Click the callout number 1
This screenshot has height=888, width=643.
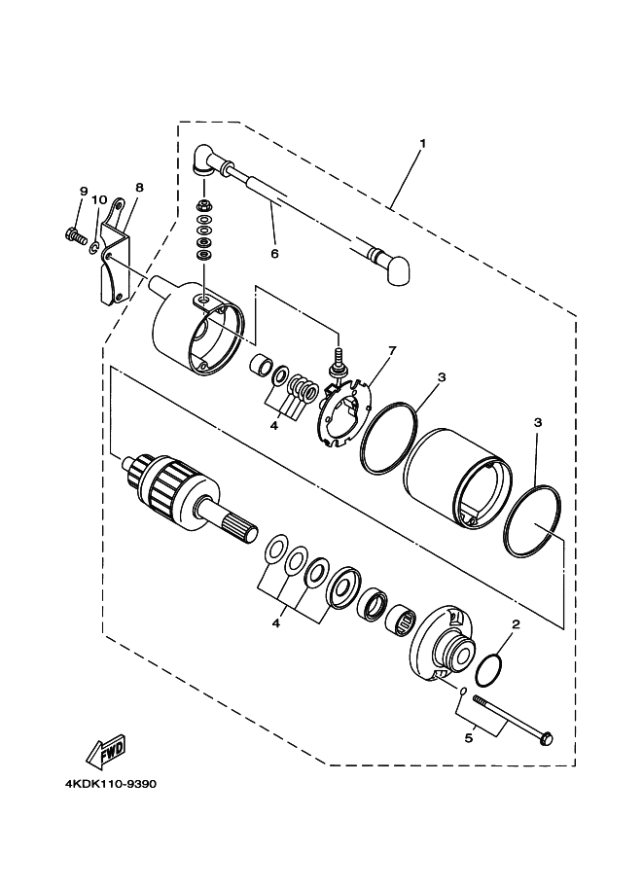click(423, 143)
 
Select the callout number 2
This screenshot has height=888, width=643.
click(517, 629)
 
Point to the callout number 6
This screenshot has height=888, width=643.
click(274, 254)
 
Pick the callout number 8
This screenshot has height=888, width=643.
click(139, 187)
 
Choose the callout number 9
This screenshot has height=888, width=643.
click(83, 191)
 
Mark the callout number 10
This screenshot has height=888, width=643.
click(99, 200)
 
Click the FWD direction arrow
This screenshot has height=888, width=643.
click(103, 753)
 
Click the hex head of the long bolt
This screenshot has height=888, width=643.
click(545, 738)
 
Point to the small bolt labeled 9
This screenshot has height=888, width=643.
click(74, 233)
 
